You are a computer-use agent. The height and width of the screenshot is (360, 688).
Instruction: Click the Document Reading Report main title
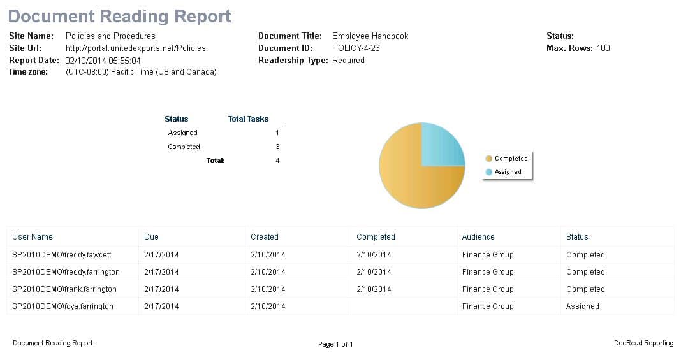[120, 17]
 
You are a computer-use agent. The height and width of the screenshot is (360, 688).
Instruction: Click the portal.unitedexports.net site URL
[135, 48]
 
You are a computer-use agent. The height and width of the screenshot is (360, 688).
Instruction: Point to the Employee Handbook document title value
[370, 36]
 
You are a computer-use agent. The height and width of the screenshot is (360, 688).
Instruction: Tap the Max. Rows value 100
[603, 48]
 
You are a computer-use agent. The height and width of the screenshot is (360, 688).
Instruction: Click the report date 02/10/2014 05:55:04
[103, 61]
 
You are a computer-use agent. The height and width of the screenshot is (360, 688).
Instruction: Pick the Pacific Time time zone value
[141, 72]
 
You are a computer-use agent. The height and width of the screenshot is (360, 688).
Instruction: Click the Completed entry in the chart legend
[511, 159]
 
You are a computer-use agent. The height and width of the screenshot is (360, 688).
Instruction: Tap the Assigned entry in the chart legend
[508, 172]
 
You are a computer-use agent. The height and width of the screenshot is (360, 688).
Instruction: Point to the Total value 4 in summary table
[277, 161]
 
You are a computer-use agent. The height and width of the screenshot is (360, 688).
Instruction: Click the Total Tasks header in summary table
[248, 119]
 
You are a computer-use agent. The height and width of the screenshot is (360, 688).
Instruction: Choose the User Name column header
[33, 237]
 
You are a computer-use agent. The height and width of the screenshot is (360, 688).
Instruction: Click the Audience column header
[478, 237]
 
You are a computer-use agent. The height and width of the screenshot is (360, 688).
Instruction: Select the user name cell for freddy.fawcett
[62, 255]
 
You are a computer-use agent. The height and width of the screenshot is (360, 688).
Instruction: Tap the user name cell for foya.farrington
[62, 306]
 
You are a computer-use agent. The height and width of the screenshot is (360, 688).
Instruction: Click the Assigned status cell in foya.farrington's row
[582, 306]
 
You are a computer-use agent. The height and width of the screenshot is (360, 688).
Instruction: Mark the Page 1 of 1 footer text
[335, 344]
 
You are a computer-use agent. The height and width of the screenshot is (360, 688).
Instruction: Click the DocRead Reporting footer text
[643, 343]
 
